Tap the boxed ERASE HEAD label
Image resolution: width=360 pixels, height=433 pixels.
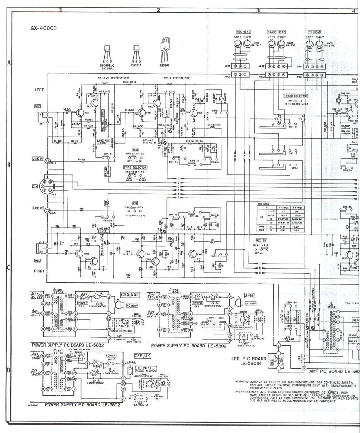[x=276, y=32]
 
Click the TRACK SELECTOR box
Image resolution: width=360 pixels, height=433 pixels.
[x=295, y=95]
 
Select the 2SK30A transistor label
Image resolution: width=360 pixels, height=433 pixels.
[x=136, y=67]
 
